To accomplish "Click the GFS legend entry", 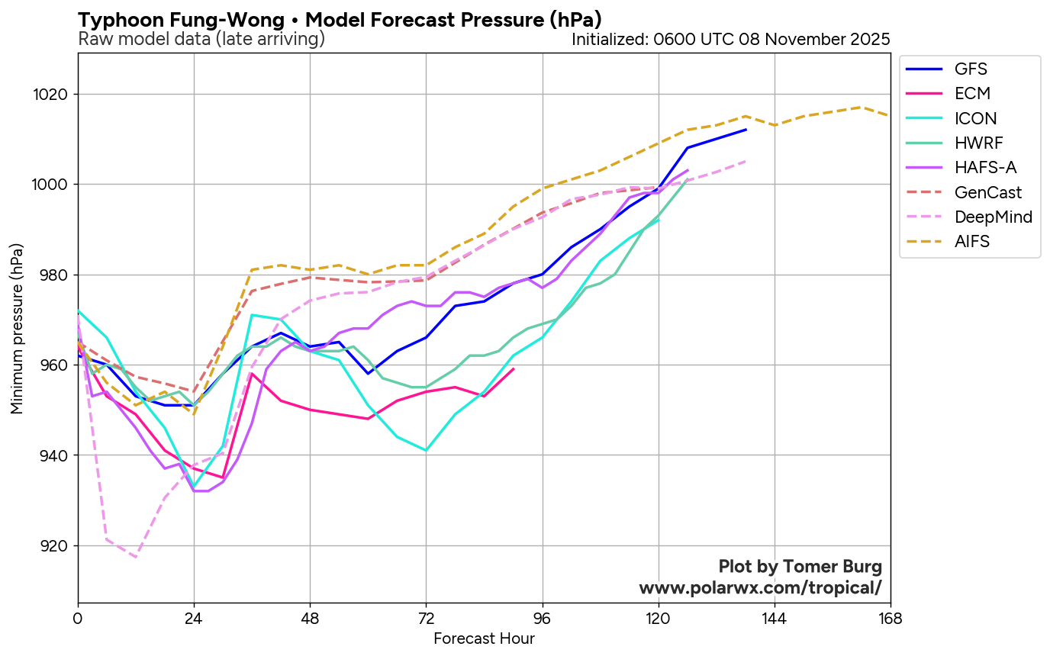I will [970, 69].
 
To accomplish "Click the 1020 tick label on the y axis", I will [55, 95].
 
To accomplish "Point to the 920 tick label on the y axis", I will [58, 546].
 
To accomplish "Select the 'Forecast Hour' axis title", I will [484, 638].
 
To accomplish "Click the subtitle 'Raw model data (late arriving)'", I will [201, 39].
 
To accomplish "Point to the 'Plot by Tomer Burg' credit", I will [800, 567].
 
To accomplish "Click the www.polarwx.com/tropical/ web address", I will [760, 588].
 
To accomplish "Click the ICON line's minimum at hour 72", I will [426, 451].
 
